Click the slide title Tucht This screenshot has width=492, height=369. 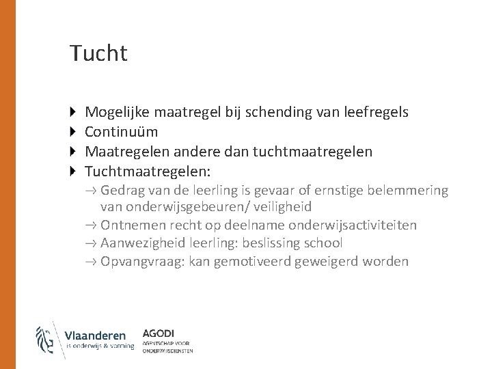coord(98,53)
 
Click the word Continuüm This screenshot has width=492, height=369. coord(121,131)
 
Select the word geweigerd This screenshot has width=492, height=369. coord(328,262)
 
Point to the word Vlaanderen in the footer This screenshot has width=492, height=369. coord(96,335)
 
